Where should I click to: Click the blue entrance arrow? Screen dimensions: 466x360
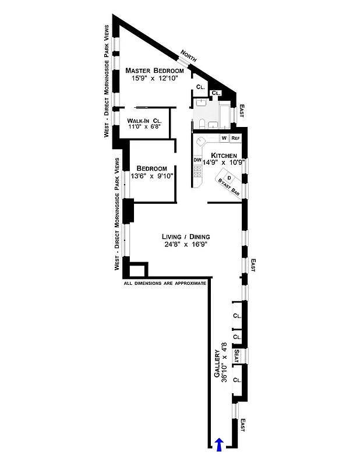coord(219,444)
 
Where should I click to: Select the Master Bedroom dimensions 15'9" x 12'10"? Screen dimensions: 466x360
coord(151,78)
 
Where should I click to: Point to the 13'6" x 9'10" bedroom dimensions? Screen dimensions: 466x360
coord(152,176)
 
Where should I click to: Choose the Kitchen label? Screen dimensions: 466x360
coord(224,156)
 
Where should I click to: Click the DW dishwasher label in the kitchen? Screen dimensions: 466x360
coord(197,160)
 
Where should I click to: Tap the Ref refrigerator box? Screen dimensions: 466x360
coord(235,138)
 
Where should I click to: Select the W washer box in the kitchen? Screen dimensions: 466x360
coord(224,138)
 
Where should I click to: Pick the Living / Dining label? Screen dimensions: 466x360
coord(185,236)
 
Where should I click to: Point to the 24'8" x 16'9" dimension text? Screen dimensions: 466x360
coord(185,245)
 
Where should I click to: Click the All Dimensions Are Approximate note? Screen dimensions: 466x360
coord(165,284)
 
